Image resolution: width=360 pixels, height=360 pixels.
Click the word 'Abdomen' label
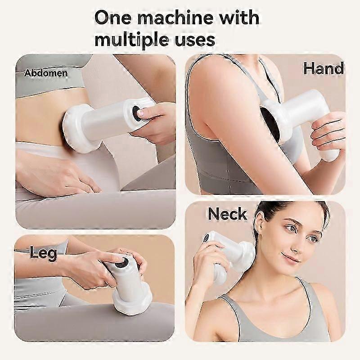(46, 73)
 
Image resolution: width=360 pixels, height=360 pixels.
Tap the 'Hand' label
(323, 68)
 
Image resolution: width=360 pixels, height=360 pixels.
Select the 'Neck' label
(227, 214)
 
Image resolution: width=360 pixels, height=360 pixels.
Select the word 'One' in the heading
(113, 18)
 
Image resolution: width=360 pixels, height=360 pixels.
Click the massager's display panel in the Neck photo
(206, 238)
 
